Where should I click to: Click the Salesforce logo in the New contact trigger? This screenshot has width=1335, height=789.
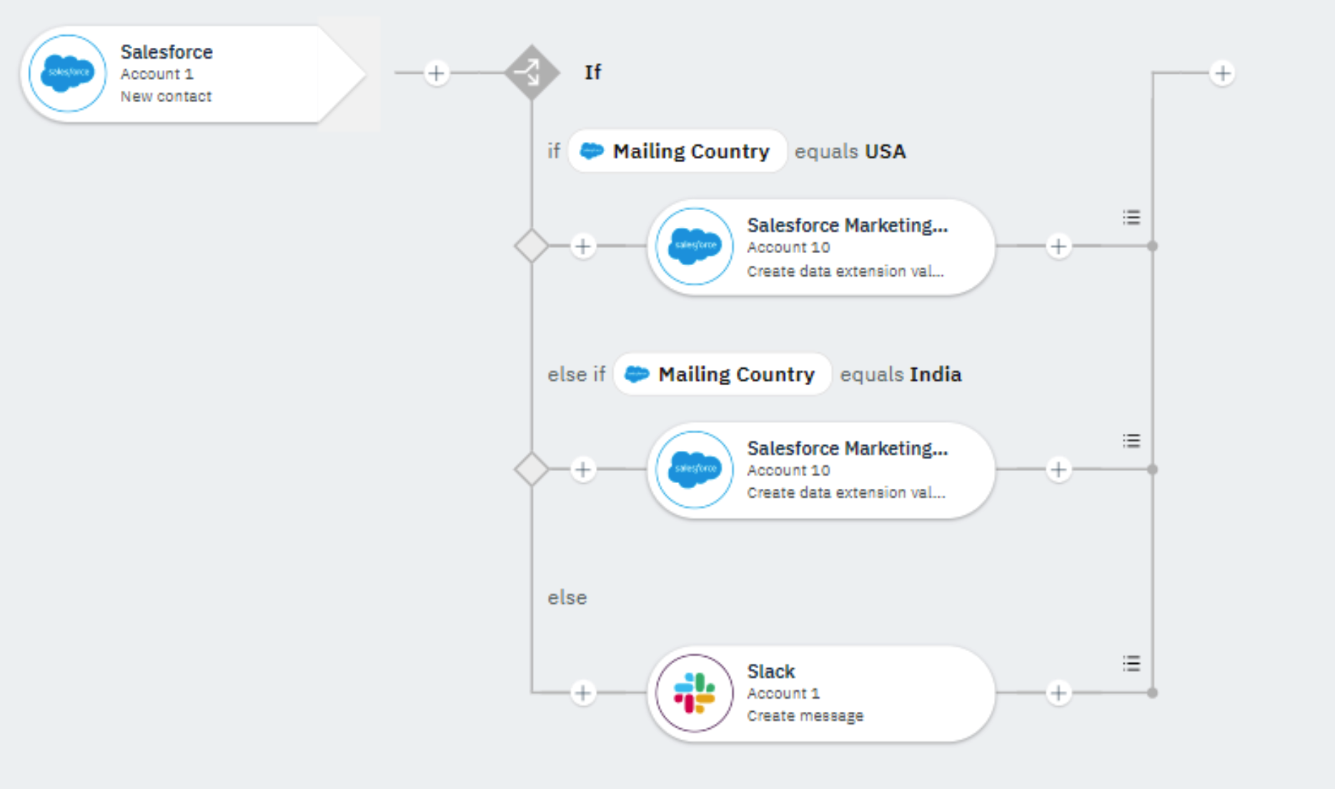click(68, 73)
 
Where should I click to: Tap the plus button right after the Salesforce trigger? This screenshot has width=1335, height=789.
click(436, 73)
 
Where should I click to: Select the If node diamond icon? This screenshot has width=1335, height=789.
click(532, 72)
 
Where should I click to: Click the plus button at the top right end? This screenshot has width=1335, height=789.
click(1223, 73)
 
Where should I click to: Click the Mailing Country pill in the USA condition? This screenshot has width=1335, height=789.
click(677, 152)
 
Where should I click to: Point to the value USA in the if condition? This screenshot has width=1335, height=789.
click(885, 152)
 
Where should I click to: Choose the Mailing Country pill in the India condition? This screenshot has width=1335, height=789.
click(722, 374)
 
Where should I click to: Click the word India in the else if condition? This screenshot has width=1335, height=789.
click(935, 374)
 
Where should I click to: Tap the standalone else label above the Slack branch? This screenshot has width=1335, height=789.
click(567, 597)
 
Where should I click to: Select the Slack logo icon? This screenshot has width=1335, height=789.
click(694, 693)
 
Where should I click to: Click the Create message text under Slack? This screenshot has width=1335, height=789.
click(805, 715)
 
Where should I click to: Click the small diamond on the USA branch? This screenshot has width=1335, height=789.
click(532, 247)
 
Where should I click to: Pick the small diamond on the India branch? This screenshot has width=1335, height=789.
click(532, 470)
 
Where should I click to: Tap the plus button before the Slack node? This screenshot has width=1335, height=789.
click(583, 693)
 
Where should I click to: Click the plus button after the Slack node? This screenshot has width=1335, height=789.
click(1058, 693)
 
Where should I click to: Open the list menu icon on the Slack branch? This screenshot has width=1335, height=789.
click(1131, 664)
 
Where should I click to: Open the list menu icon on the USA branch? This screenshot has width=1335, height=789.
click(1131, 217)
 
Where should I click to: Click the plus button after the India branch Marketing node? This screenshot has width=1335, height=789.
click(1058, 470)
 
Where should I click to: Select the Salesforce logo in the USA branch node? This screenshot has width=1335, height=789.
click(694, 247)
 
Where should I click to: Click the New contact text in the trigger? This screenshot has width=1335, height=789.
click(166, 96)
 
